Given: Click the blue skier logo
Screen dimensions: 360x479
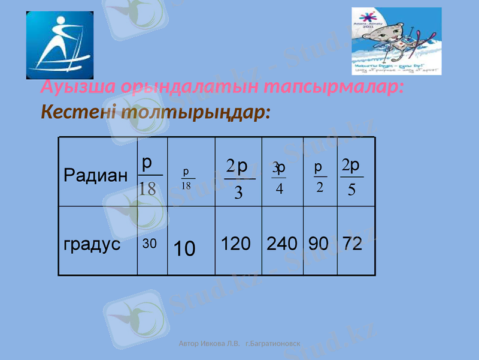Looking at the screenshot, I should [x=60, y=46].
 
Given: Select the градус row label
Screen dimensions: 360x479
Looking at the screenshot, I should [x=92, y=244].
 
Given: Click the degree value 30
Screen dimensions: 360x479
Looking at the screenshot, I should [x=149, y=244].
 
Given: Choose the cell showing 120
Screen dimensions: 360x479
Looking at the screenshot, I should [x=236, y=244].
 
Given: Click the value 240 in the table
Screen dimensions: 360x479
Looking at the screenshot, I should [x=282, y=244].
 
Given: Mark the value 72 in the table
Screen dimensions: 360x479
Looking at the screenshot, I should [x=353, y=244].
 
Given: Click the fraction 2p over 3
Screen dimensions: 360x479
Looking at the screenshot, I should [x=239, y=178].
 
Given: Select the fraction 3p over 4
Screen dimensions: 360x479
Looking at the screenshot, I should [x=279, y=178].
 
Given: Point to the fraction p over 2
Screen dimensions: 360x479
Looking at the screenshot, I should [x=319, y=176].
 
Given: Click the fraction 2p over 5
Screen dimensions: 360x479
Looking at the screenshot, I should [x=351, y=177].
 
